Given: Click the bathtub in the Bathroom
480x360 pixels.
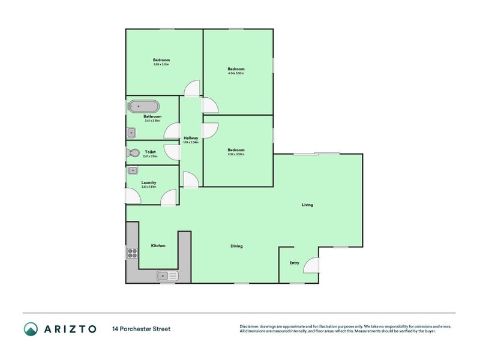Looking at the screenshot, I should pyautogui.click(x=144, y=107).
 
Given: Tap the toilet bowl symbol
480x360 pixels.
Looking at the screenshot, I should pyautogui.click(x=133, y=153).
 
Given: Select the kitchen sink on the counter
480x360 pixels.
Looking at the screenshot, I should pyautogui.click(x=167, y=276).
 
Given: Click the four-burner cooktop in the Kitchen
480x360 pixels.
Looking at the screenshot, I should pyautogui.click(x=132, y=253).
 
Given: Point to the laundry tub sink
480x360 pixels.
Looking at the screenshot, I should pyautogui.click(x=132, y=170).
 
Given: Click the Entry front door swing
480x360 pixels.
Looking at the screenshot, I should pyautogui.click(x=312, y=265).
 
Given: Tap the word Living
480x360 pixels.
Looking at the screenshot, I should pyautogui.click(x=307, y=205).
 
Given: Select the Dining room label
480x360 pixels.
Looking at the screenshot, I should pyautogui.click(x=236, y=246).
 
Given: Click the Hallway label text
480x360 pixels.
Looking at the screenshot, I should pyautogui.click(x=191, y=138).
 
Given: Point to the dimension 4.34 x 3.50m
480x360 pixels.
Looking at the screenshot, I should pyautogui.click(x=236, y=74).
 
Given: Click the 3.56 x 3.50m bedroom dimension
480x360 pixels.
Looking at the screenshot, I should pyautogui.click(x=236, y=155).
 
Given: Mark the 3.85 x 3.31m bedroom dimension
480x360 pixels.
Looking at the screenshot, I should pyautogui.click(x=161, y=64).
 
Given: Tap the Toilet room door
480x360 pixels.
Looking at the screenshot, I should pyautogui.click(x=173, y=152).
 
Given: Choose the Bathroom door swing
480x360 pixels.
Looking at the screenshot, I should pyautogui.click(x=173, y=131).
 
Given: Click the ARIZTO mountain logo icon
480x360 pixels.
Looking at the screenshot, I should pyautogui.click(x=31, y=329).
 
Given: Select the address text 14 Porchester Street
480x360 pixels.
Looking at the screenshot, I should pyautogui.click(x=141, y=329).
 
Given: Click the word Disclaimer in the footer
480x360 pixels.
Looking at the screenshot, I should pyautogui.click(x=251, y=326).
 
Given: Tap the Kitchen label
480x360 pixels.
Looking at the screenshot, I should pyautogui.click(x=158, y=245).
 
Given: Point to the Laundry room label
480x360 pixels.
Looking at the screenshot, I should pyautogui.click(x=149, y=182).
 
